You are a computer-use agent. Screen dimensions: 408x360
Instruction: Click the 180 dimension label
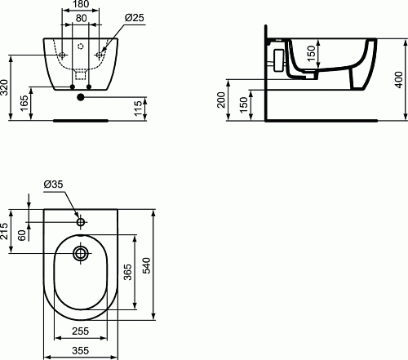tap(81, 4)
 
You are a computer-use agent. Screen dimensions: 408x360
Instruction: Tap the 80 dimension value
tap(82, 18)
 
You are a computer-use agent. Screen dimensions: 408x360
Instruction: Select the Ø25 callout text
tap(135, 18)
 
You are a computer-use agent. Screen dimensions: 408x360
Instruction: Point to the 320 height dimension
tap(5, 87)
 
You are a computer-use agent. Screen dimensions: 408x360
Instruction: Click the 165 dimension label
tap(24, 103)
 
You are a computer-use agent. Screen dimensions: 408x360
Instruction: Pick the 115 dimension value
tap(138, 109)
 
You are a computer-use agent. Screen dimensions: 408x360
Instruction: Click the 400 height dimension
tap(398, 80)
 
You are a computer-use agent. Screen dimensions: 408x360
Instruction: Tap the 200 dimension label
tap(221, 100)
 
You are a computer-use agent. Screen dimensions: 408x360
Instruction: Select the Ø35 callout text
tap(53, 184)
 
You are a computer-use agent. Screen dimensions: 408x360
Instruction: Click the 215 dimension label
tap(5, 231)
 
